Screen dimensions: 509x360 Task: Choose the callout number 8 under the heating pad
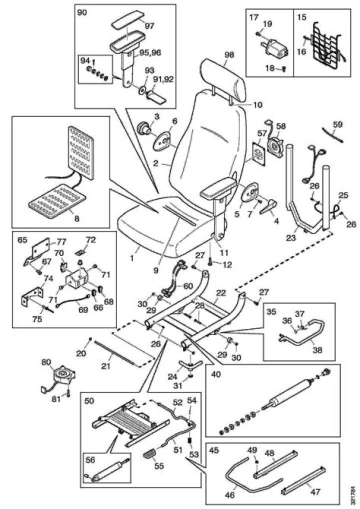[x=75, y=218]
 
